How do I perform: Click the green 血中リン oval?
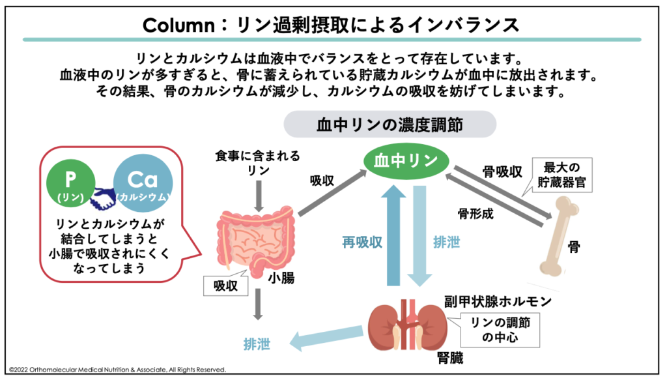click(x=401, y=161)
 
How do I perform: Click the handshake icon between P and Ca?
click(x=104, y=198)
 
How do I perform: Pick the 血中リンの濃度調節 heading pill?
click(x=390, y=124)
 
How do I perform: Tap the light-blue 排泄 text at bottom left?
click(x=257, y=344)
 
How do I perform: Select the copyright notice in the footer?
click(x=118, y=370)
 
